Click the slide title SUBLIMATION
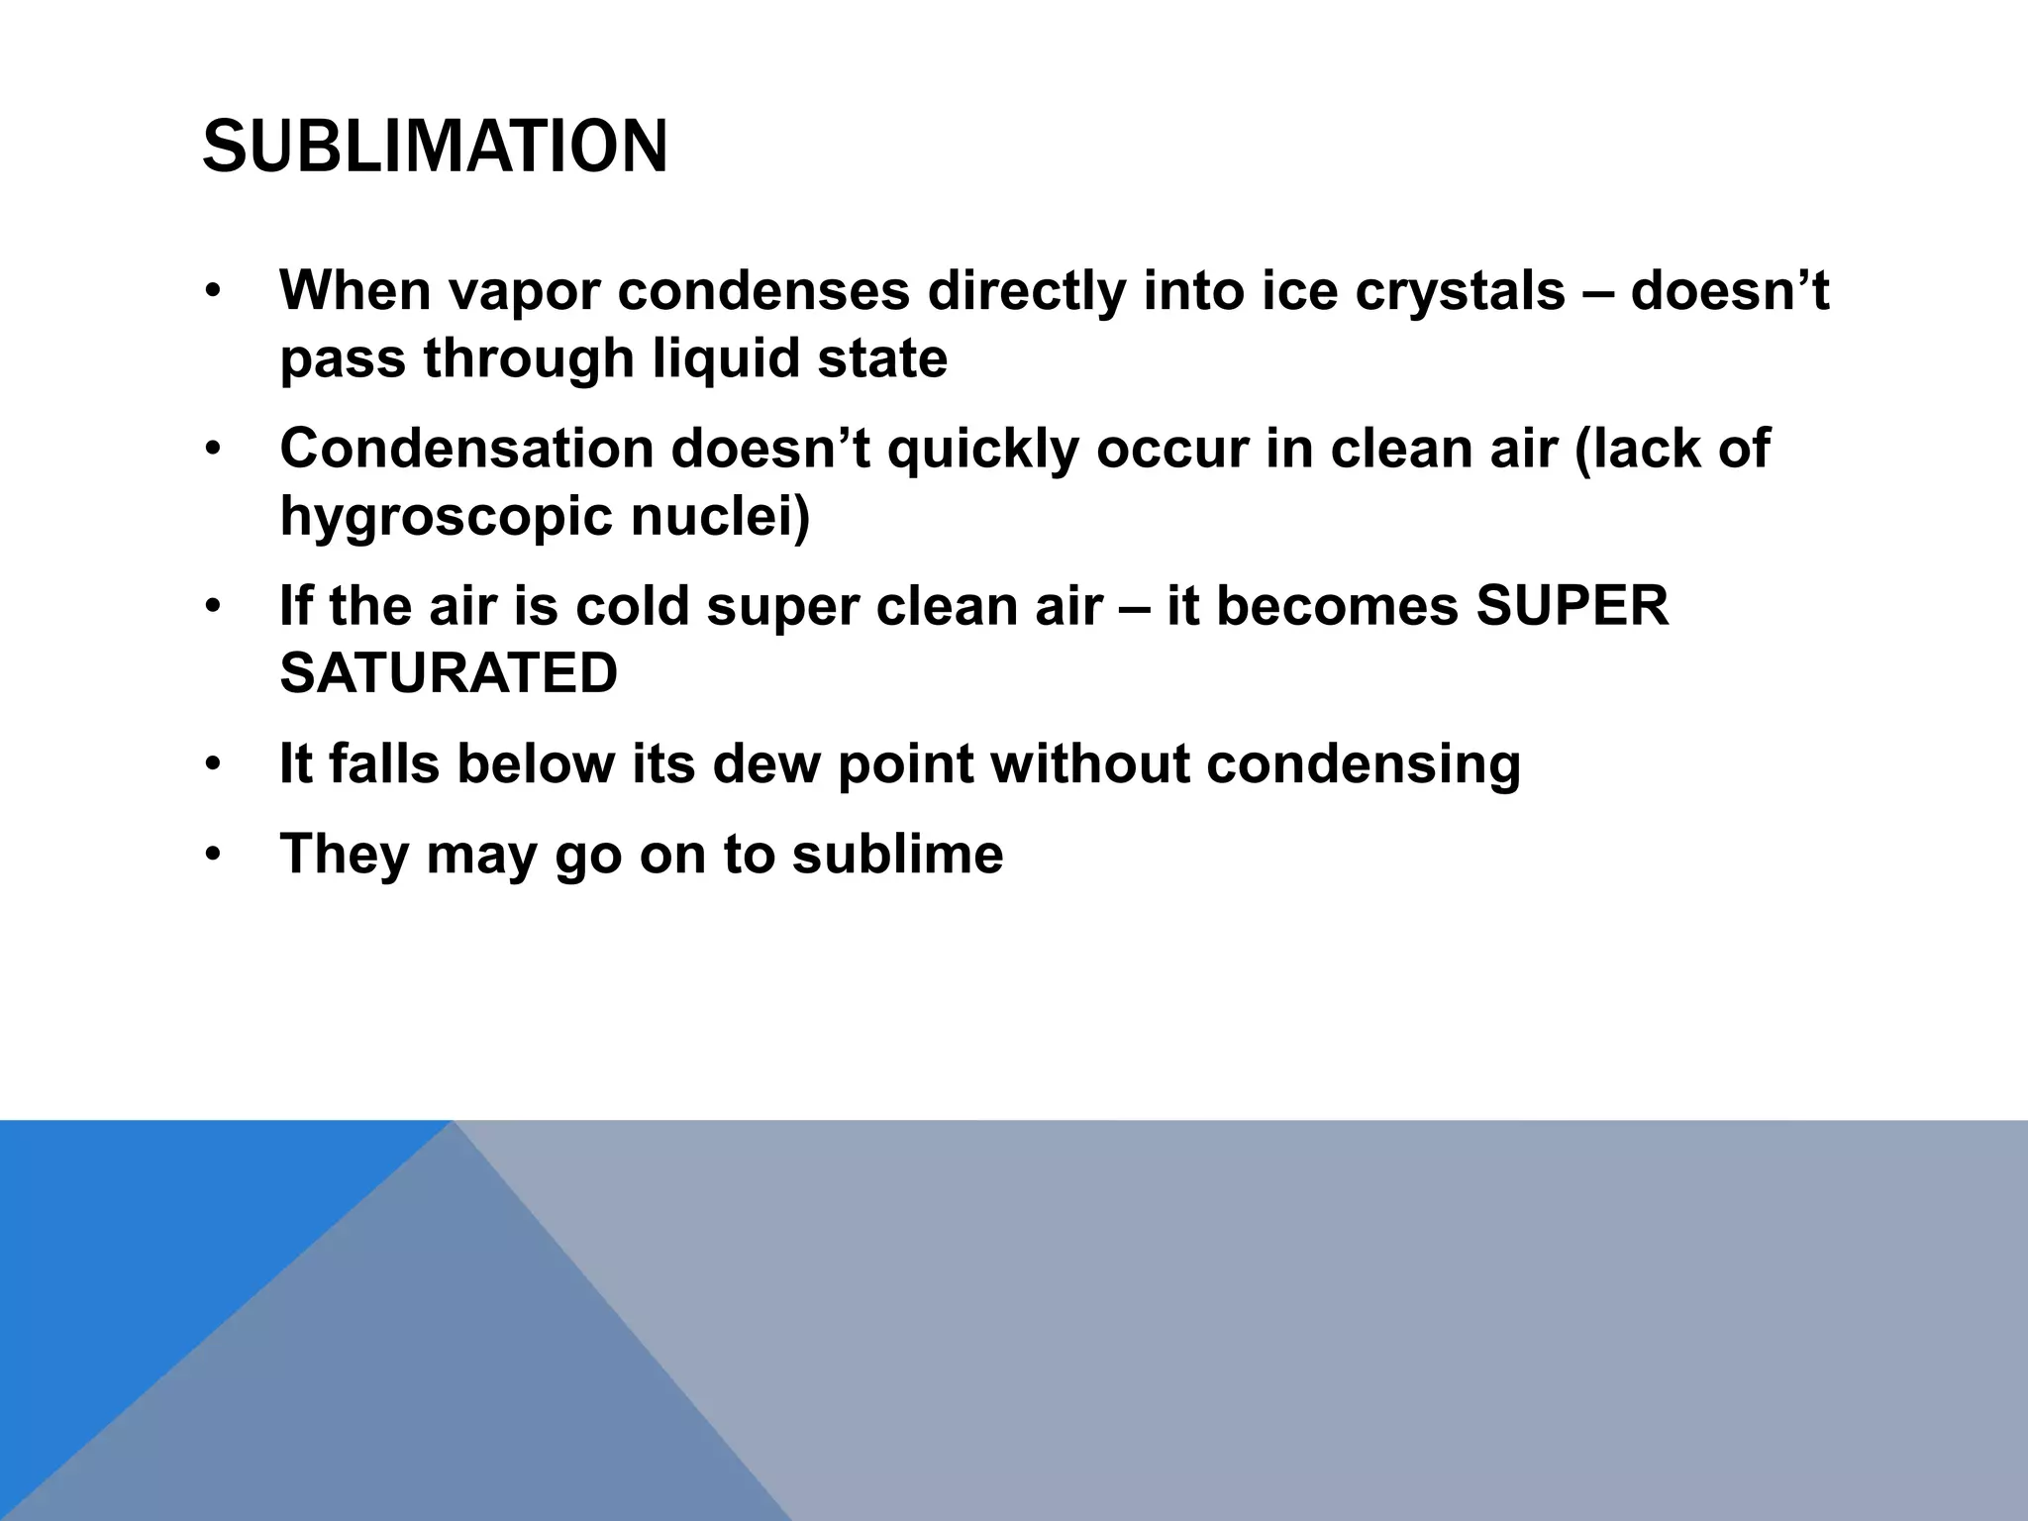[435, 147]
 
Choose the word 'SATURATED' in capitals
[449, 674]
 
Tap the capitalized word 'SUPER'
[1572, 605]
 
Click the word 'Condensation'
[467, 449]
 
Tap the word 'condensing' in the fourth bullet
[1364, 765]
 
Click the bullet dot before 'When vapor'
[211, 294]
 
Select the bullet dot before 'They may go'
[211, 857]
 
